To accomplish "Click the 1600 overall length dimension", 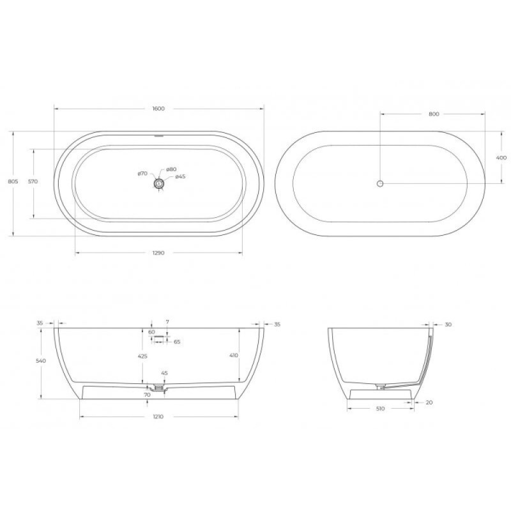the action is click(x=158, y=109).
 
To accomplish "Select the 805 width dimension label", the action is click(x=13, y=181).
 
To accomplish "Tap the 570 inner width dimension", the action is click(x=33, y=181).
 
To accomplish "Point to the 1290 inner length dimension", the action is click(x=158, y=252).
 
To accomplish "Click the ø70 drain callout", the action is click(x=142, y=174).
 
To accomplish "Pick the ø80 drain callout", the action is click(x=171, y=169).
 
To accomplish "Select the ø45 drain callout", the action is click(x=180, y=177).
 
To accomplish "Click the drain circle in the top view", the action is click(x=159, y=183).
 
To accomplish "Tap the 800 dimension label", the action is click(x=434, y=114).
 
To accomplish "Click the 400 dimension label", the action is click(x=501, y=158).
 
